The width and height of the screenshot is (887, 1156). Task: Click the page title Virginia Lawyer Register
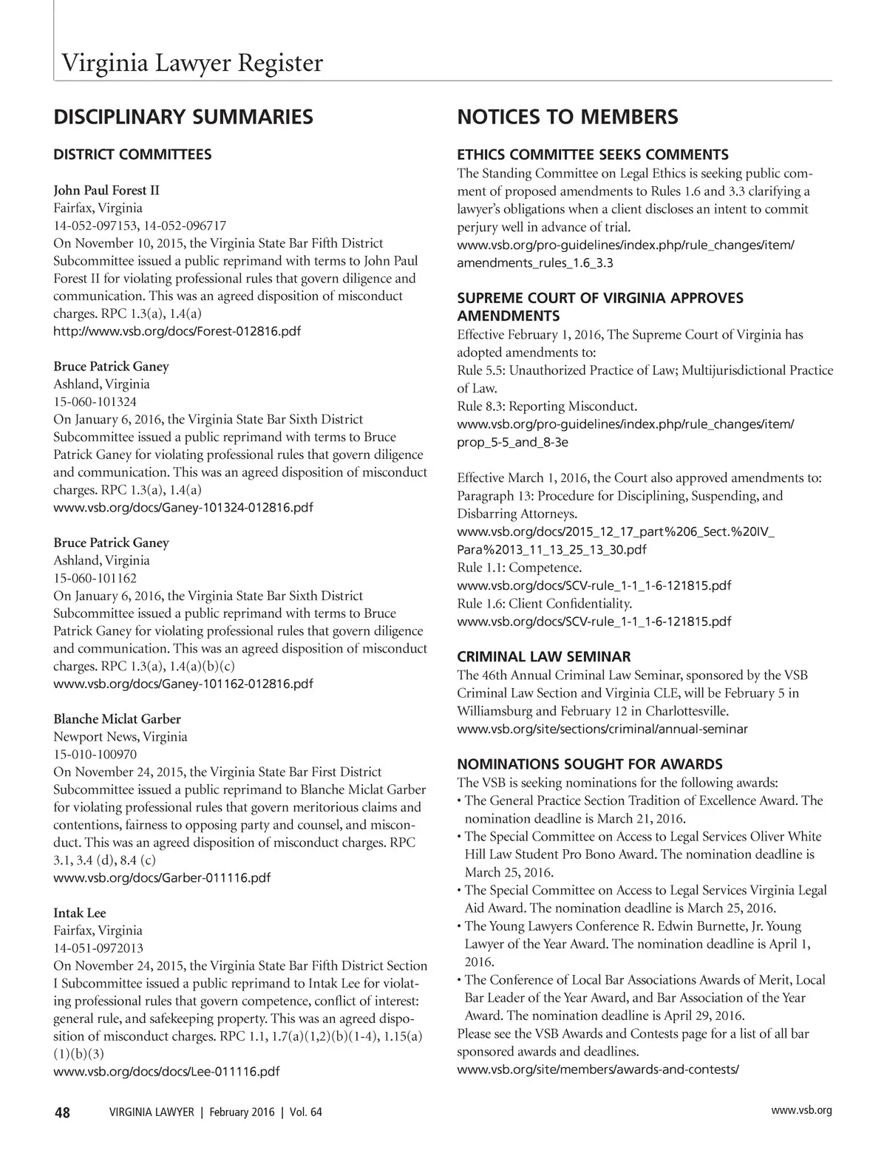(191, 64)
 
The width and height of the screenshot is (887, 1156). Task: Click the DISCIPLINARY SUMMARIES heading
(183, 117)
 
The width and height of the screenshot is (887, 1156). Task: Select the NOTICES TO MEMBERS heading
(567, 117)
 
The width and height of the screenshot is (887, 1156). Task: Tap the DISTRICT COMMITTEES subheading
(132, 154)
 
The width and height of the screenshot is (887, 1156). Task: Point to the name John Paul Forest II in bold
(106, 190)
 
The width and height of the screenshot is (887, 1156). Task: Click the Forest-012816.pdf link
(177, 331)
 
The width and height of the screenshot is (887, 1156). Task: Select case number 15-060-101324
(95, 402)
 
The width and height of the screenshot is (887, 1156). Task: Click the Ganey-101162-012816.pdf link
(183, 684)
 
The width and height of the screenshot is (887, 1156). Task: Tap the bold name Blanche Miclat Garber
(117, 719)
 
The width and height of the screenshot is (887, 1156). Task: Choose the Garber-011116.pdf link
(162, 878)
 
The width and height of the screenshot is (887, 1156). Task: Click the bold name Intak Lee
(80, 913)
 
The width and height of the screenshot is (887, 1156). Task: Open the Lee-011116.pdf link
(166, 1072)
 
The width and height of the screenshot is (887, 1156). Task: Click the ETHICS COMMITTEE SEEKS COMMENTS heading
(593, 154)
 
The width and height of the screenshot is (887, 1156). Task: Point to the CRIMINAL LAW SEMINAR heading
(544, 657)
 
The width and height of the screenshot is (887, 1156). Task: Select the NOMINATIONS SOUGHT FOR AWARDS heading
(590, 764)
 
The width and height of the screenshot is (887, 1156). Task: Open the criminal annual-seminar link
(602, 729)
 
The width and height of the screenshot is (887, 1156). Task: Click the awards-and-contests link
(598, 1070)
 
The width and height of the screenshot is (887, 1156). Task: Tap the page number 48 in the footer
(62, 1113)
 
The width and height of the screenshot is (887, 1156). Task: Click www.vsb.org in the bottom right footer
(801, 1110)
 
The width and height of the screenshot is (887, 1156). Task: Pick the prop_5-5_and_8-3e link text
(512, 443)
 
